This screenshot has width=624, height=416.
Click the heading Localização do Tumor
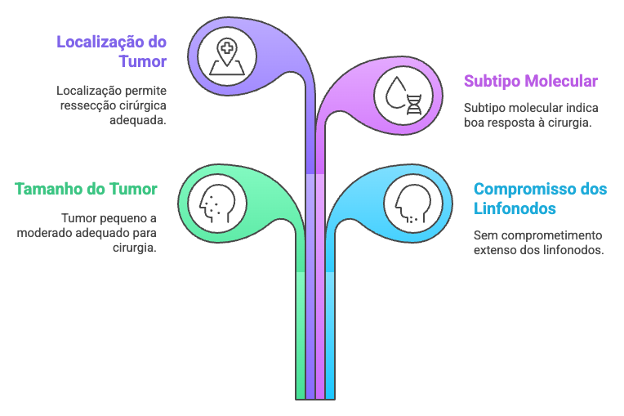(111, 51)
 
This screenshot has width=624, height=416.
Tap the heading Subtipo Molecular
(530, 81)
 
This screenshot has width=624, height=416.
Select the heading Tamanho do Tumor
(86, 189)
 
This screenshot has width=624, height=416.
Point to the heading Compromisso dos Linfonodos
(540, 199)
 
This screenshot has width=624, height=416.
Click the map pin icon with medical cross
(225, 56)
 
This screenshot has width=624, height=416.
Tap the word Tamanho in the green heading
(47, 189)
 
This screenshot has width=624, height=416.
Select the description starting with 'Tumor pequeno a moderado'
(87, 233)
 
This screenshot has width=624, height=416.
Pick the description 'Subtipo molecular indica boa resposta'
(528, 115)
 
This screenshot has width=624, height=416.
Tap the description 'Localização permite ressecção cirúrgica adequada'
(111, 105)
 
